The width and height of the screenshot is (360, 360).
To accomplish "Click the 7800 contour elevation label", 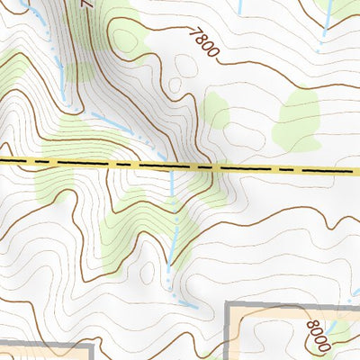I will (x=205, y=43).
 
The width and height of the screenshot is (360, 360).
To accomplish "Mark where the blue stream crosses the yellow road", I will (x=173, y=166).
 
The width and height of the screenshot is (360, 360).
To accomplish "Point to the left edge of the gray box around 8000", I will (x=226, y=333).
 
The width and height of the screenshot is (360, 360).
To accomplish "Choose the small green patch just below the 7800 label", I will (x=216, y=110).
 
